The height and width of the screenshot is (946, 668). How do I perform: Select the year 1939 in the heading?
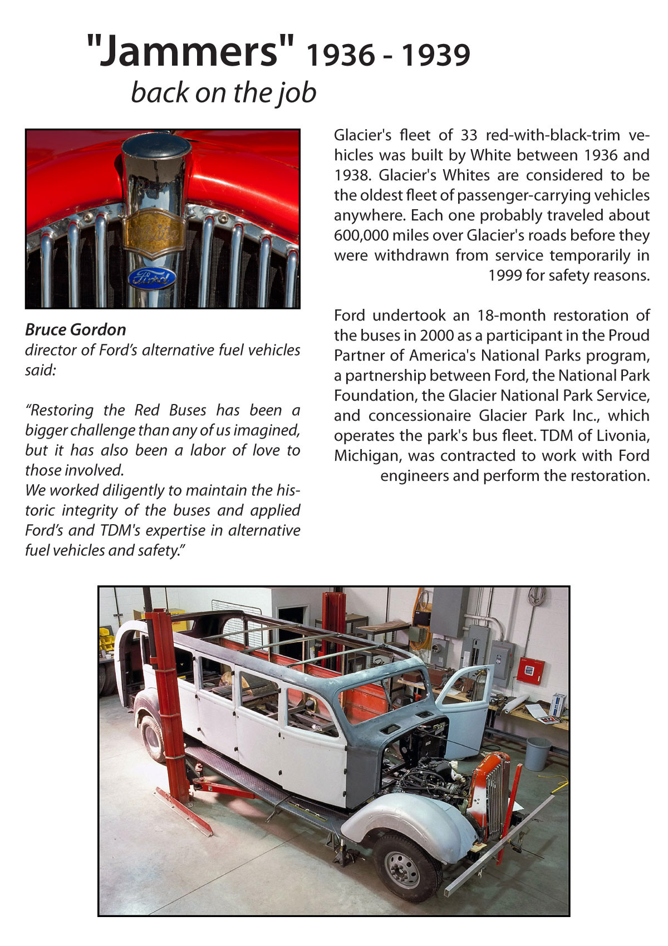(x=436, y=55)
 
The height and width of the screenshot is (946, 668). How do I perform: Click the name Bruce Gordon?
(x=76, y=329)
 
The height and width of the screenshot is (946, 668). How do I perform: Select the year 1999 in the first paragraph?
(x=505, y=275)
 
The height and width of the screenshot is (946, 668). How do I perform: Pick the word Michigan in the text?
(x=367, y=456)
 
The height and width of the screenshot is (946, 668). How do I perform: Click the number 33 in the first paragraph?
(x=470, y=135)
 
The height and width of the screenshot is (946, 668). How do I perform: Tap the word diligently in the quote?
(x=132, y=490)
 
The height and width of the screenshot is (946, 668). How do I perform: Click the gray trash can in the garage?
(x=538, y=753)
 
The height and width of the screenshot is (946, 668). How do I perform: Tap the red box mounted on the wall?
(x=530, y=670)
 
